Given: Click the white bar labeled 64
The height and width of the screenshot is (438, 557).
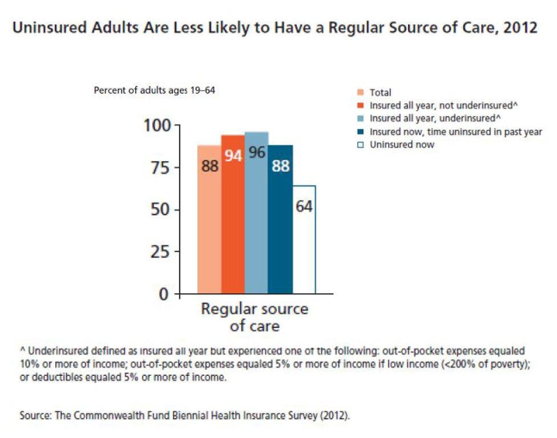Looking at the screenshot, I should coord(304,240).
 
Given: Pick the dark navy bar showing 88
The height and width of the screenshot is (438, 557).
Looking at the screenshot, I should coord(280,220).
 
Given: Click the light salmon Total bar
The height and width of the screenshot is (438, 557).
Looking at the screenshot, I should coord(209,220).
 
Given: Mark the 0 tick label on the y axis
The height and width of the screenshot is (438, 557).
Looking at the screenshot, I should coord(166,294).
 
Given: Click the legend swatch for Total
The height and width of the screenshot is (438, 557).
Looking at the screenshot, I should coord(361,92).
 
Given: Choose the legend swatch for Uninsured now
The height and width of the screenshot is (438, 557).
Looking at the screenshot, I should coord(361,145).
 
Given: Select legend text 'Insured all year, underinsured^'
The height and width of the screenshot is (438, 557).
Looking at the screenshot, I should coord(431,119).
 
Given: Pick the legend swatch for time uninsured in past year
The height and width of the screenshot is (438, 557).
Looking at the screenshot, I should coord(361,132).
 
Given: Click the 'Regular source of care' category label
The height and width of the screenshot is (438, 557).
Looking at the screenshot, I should coord(254,317).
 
